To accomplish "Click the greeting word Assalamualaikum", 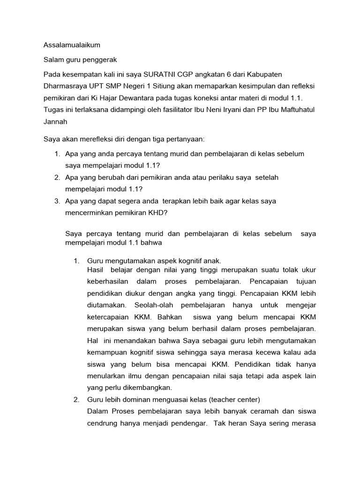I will click(x=72, y=45).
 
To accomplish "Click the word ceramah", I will click(x=240, y=412).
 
